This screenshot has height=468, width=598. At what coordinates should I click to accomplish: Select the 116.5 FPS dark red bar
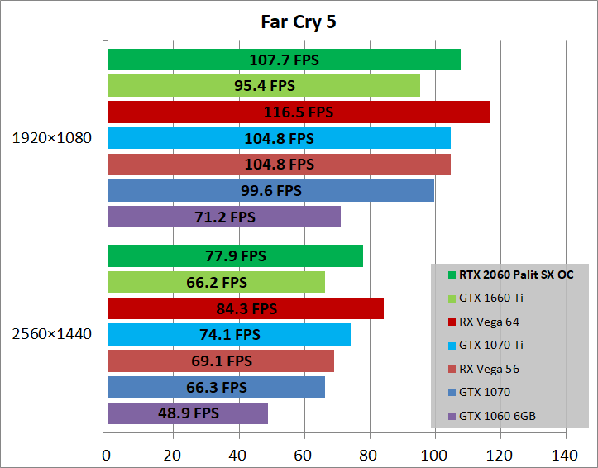point(298,112)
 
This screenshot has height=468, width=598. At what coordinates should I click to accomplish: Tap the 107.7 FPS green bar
point(284,60)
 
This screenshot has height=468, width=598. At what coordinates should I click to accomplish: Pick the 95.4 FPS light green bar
point(263,85)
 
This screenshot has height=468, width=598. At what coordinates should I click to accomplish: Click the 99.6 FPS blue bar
point(270,190)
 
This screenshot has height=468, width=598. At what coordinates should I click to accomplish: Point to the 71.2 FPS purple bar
point(223,217)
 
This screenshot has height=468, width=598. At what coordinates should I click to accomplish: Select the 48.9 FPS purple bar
point(187,413)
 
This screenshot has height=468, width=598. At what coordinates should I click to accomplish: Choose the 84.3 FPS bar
point(245,308)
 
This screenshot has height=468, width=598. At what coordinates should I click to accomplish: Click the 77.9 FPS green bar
point(235,255)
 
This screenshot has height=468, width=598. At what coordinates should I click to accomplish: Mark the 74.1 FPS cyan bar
point(228,334)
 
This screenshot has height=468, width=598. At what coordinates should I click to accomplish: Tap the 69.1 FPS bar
point(220,361)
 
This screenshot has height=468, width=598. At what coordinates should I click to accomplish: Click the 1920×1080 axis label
point(51,137)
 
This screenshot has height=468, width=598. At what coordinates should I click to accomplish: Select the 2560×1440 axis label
point(51,334)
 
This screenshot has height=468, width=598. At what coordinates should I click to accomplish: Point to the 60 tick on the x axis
point(304,454)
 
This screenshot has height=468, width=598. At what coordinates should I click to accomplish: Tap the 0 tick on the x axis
point(107,454)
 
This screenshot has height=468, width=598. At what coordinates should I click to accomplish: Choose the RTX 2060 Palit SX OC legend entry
point(510,275)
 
